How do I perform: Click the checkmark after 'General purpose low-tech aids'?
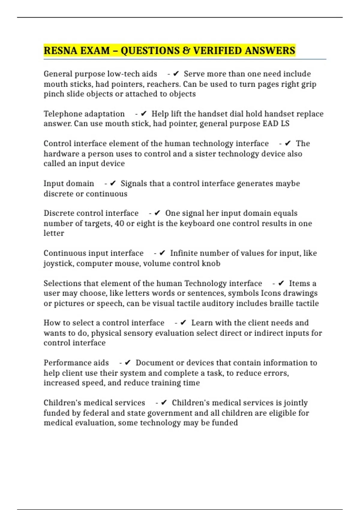176,73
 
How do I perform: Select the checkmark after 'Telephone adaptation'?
144,113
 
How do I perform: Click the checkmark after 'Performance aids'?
128,362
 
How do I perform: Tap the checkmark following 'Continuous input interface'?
162,253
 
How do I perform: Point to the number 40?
119,223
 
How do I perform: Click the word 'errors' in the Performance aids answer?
275,373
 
